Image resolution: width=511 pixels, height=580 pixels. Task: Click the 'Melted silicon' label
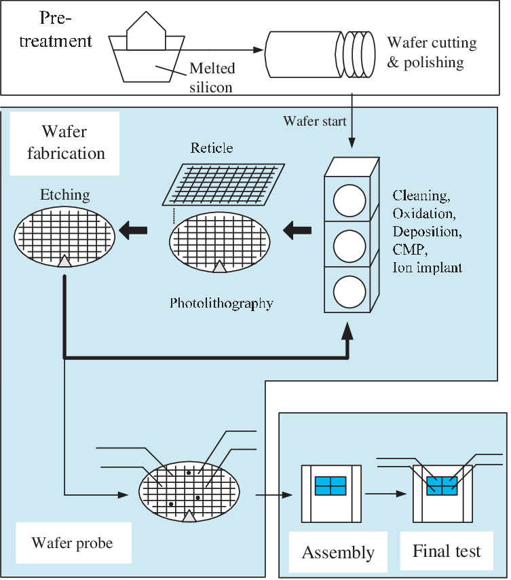[x=212, y=77]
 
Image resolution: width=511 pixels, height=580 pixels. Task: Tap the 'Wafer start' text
[x=315, y=122]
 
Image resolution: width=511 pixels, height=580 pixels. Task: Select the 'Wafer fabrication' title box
[x=66, y=142]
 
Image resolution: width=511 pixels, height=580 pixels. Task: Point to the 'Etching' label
[x=66, y=195]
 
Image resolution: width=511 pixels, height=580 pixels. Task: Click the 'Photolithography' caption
[x=221, y=303]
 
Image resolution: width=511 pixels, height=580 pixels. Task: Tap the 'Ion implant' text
[x=427, y=268]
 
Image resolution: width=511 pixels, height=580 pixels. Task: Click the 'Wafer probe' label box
[x=72, y=543]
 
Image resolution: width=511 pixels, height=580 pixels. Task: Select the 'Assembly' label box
[x=338, y=552]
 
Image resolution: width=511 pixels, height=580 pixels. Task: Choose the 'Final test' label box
[x=447, y=550]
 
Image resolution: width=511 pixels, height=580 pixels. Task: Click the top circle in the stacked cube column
[x=349, y=200]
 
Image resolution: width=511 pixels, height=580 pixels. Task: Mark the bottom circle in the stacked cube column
[x=349, y=290]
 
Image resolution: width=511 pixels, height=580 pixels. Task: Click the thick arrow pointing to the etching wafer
[x=134, y=232]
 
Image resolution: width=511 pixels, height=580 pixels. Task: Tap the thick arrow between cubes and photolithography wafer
[x=297, y=232]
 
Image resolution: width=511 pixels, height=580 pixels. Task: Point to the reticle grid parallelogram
[x=224, y=183]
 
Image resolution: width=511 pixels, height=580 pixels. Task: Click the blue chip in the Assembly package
[x=330, y=486]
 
